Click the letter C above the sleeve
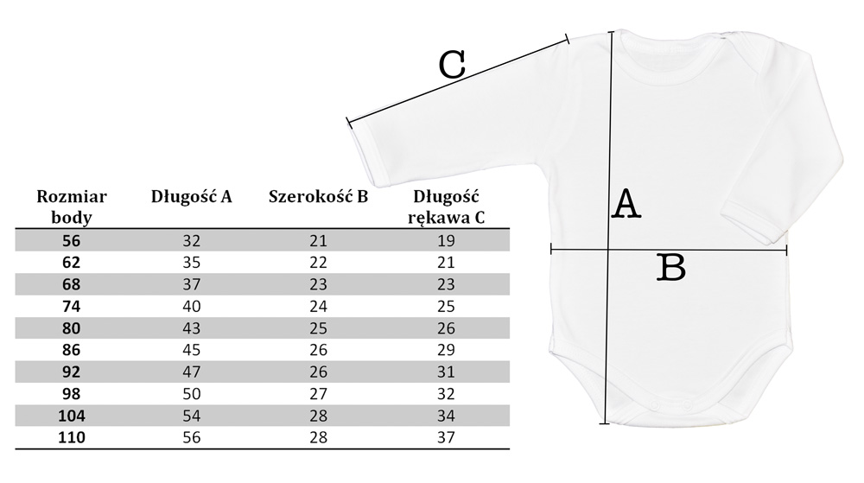pyautogui.click(x=452, y=65)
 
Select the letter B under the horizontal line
pyautogui.click(x=670, y=269)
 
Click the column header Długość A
pyautogui.click(x=192, y=196)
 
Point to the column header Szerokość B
pyautogui.click(x=318, y=196)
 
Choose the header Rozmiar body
pyautogui.click(x=72, y=207)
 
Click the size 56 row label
pyautogui.click(x=72, y=241)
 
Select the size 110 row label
pyautogui.click(x=72, y=437)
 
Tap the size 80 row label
pyautogui.click(x=72, y=328)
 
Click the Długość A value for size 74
pyautogui.click(x=191, y=307)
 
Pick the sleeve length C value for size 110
pyautogui.click(x=447, y=437)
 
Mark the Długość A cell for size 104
pyautogui.click(x=191, y=416)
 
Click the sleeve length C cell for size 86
pyautogui.click(x=447, y=350)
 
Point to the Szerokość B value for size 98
pyautogui.click(x=318, y=394)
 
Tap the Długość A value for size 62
pyautogui.click(x=191, y=263)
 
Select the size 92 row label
pyautogui.click(x=72, y=372)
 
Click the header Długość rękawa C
pyautogui.click(x=447, y=207)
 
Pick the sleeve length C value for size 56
pyautogui.click(x=447, y=241)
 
